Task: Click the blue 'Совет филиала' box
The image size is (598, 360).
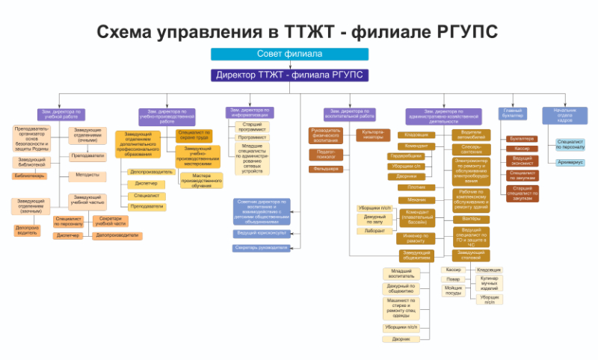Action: (289, 54)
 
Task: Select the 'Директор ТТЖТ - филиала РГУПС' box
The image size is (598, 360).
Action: (289, 75)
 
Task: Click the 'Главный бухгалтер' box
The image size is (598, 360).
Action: (513, 114)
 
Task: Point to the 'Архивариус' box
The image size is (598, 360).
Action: (570, 162)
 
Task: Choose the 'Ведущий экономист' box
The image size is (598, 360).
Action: (522, 160)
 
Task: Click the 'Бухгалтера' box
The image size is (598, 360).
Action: (522, 138)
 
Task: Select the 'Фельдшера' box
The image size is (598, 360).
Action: (325, 169)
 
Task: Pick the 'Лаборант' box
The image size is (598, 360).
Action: (374, 231)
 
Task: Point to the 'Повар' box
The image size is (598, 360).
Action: (453, 279)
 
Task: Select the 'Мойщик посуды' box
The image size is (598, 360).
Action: (453, 290)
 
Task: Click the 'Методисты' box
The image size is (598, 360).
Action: (87, 176)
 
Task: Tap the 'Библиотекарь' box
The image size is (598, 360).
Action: (29, 176)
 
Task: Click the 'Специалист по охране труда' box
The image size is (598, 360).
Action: (194, 134)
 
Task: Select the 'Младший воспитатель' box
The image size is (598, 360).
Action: (401, 273)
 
